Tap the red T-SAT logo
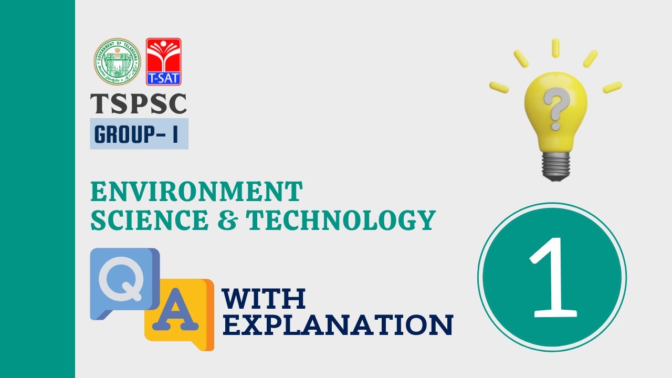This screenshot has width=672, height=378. point(163,62)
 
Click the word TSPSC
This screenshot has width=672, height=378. point(139,104)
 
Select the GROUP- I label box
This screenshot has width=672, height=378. point(139,134)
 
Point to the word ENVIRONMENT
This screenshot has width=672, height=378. point(196,192)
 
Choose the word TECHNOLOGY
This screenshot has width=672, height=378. point(342,220)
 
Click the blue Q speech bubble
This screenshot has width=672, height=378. point(124,282)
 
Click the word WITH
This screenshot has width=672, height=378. point(264,299)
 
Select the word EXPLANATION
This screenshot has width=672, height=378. point(338,325)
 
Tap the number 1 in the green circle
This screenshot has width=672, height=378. point(552,277)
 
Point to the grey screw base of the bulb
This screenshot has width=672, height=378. point(554,165)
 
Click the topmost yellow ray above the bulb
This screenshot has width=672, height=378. point(555,47)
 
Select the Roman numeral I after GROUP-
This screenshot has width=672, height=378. point(175,134)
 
